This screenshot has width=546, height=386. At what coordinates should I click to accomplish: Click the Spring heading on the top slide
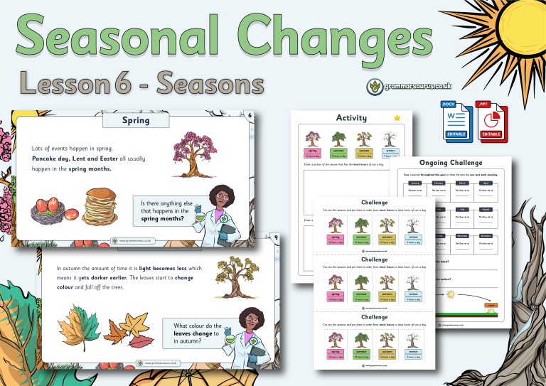135,120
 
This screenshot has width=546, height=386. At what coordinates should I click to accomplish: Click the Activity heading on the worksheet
351,118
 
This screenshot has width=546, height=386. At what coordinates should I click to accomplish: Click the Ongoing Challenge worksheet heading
453,162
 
